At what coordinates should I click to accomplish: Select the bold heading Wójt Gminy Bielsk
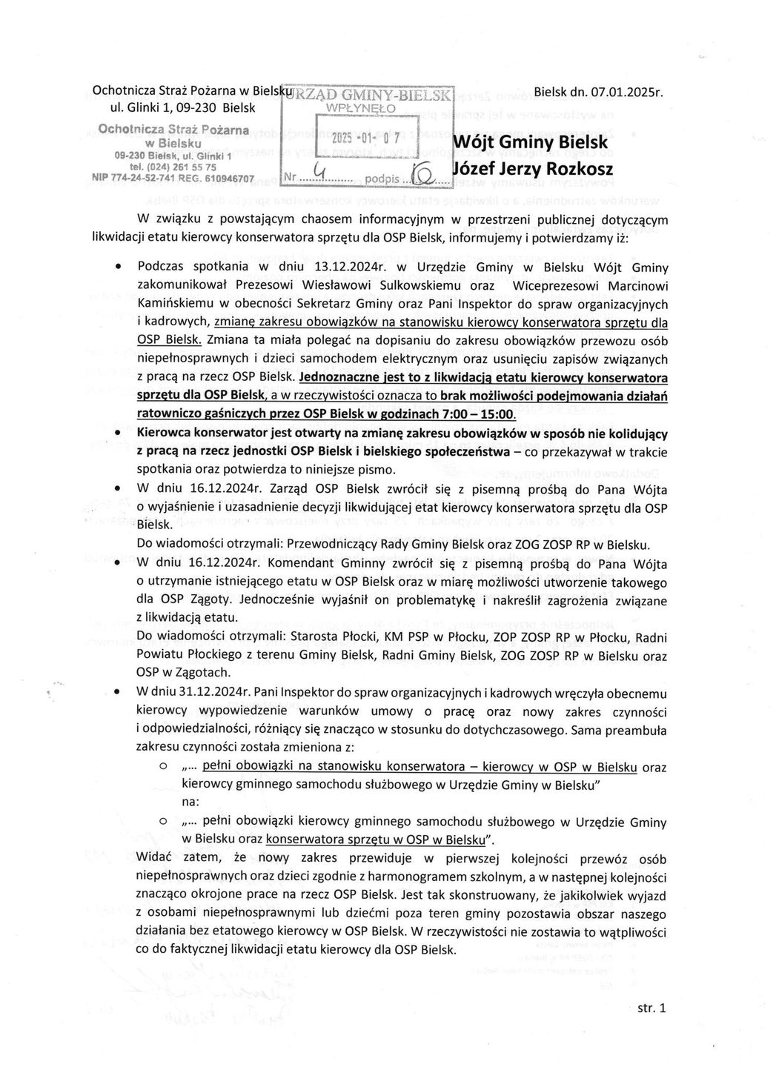click(x=529, y=142)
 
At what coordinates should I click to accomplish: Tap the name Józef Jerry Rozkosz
click(x=532, y=169)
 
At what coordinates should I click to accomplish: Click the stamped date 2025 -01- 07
click(x=365, y=138)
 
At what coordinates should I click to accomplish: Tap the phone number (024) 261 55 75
click(x=179, y=167)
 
